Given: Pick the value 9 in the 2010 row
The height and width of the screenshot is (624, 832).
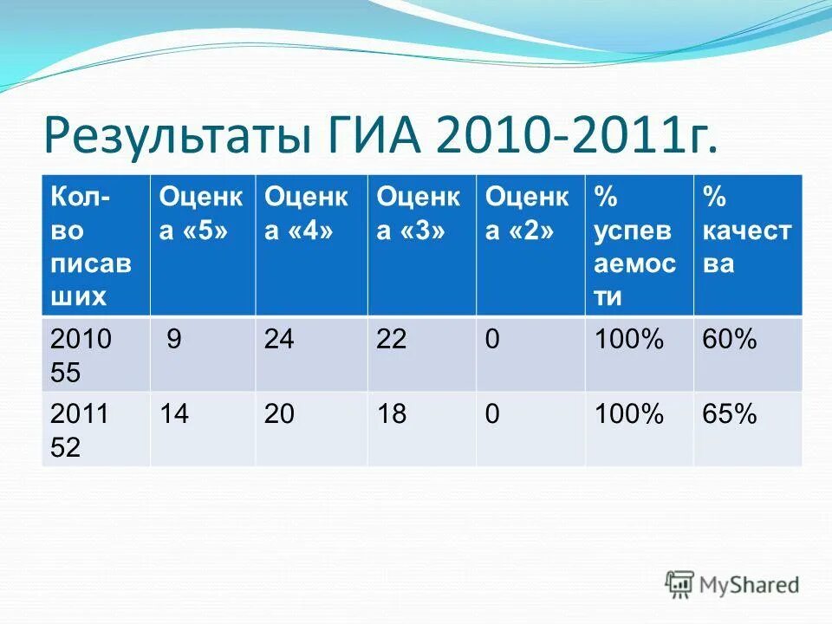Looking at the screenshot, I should coord(174,341).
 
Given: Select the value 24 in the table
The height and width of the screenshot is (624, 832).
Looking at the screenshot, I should coord(279,341).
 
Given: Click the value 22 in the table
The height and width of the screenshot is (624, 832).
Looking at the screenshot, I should coord(392,341).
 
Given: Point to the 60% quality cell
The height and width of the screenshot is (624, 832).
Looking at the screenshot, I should coord(730,341).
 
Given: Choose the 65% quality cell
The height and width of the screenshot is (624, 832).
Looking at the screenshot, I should coord(730,415).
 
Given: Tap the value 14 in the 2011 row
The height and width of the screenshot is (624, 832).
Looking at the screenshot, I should coord(173,415).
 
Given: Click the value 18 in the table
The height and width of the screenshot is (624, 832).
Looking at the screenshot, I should coord(392,415).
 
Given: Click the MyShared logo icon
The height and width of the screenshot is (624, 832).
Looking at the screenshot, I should coord(679,583).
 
